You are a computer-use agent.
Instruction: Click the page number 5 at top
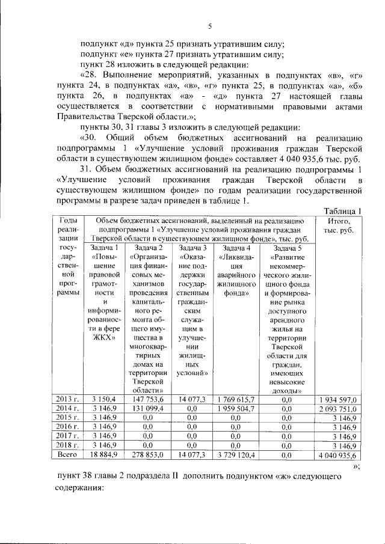pos(211,25)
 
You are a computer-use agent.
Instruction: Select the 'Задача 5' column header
pos(287,248)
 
